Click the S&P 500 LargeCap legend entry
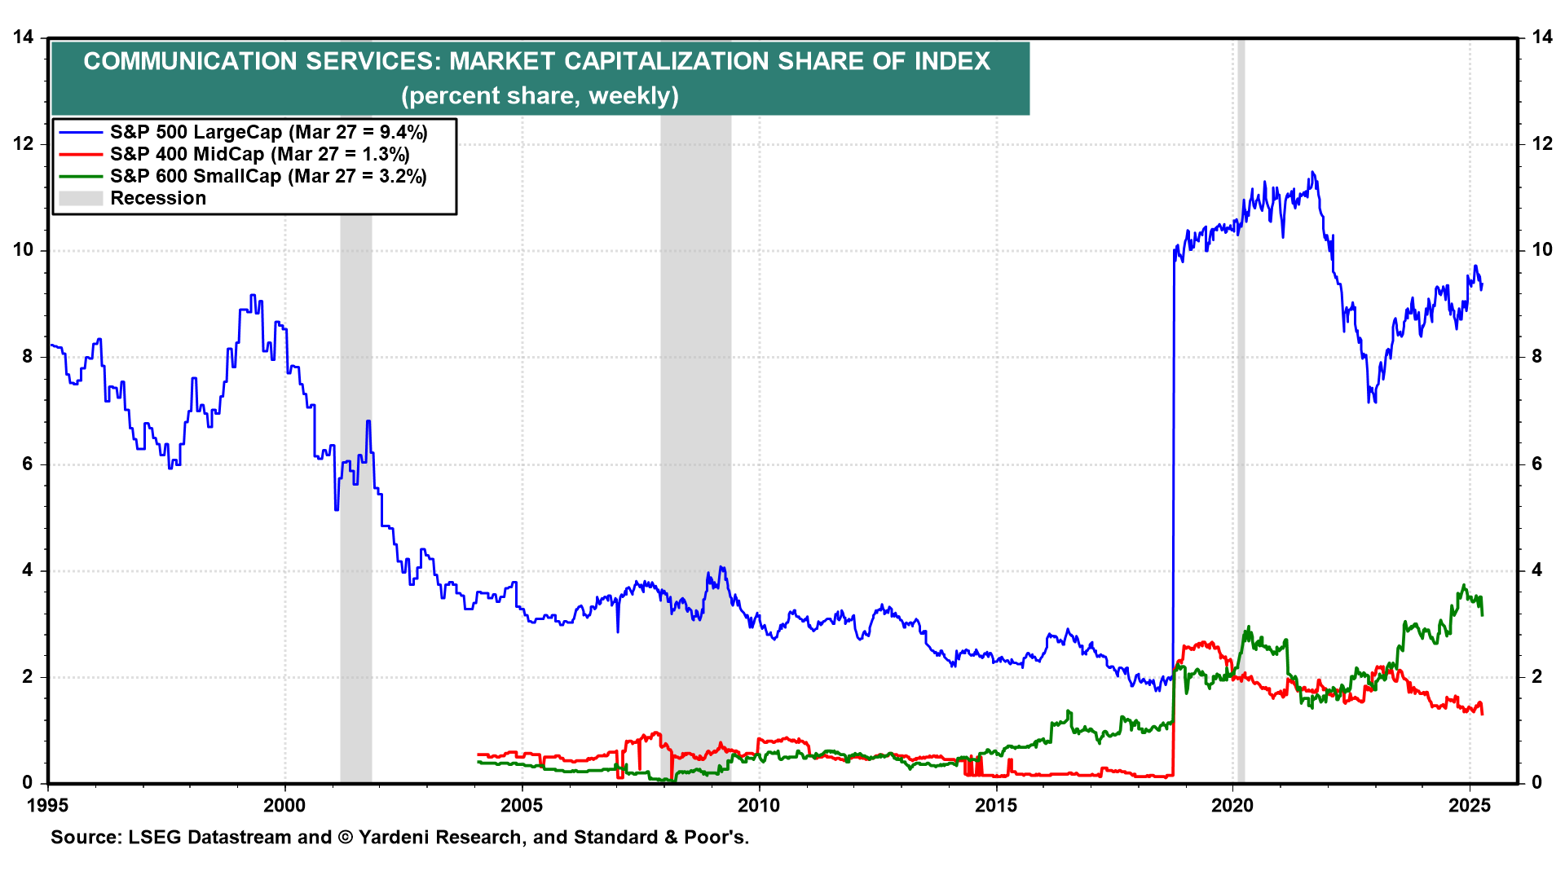pyautogui.click(x=268, y=132)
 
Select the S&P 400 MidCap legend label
pyautogui.click(x=259, y=154)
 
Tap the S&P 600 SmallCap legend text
pyautogui.click(x=268, y=176)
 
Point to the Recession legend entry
pyautogui.click(x=158, y=198)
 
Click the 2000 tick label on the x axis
pyautogui.click(x=284, y=806)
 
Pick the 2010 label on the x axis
pyautogui.click(x=759, y=806)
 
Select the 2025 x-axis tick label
pyautogui.click(x=1470, y=806)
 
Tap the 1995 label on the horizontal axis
pyautogui.click(x=48, y=806)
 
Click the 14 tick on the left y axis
pyautogui.click(x=23, y=37)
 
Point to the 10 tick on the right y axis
pyautogui.click(x=1542, y=250)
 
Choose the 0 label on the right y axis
pyautogui.click(x=1537, y=783)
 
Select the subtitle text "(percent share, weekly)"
pyautogui.click(x=540, y=95)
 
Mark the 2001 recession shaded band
pyautogui.click(x=356, y=489)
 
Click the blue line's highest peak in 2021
pyautogui.click(x=1312, y=172)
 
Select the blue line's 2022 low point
pyautogui.click(x=1370, y=402)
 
